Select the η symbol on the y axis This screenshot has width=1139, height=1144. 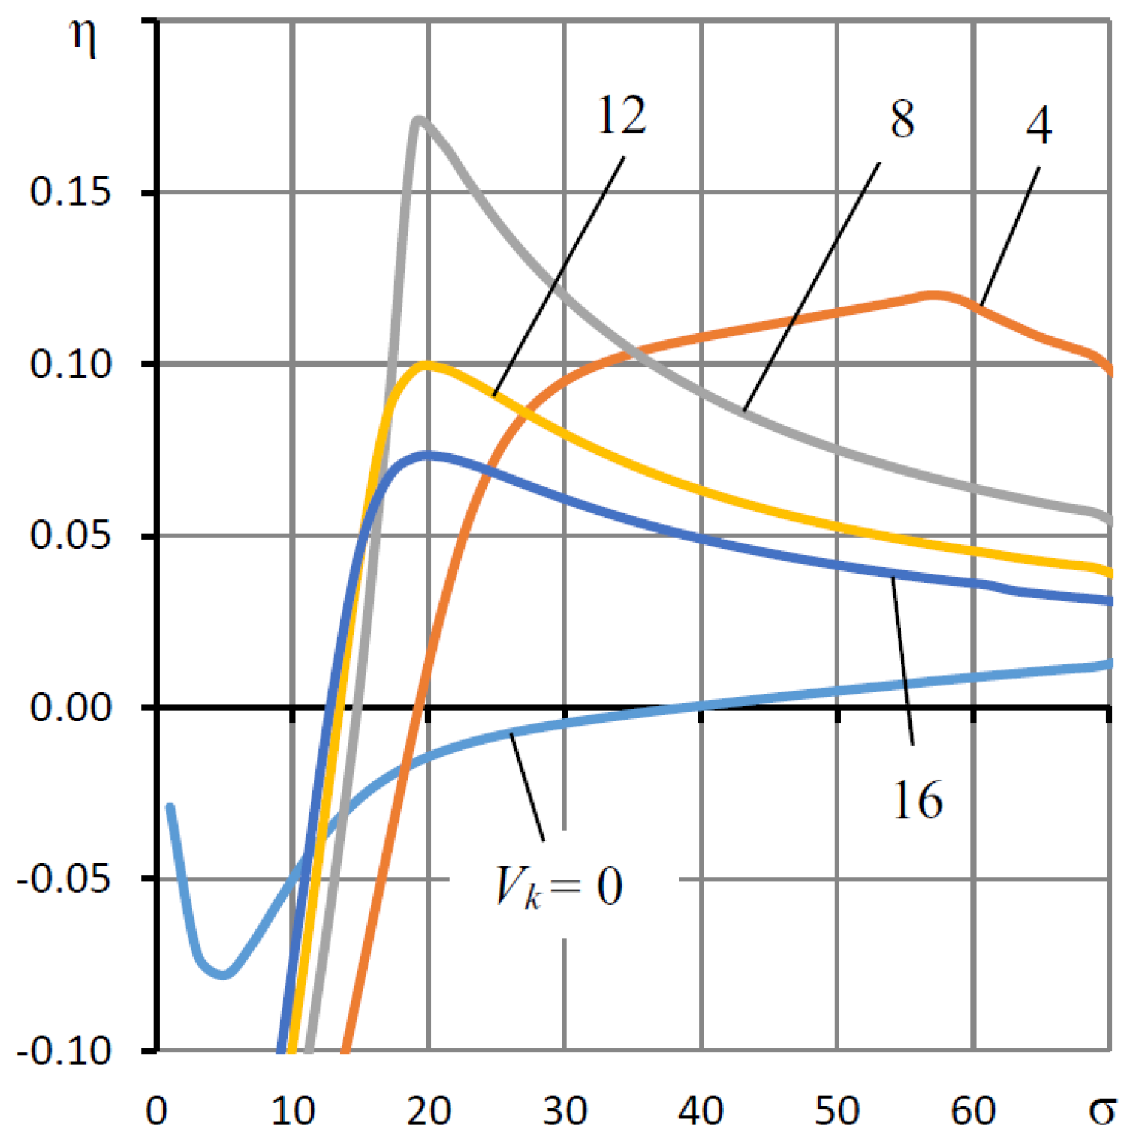[x=83, y=39]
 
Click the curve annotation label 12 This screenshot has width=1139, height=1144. [x=621, y=117]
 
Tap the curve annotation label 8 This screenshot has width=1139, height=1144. [x=902, y=119]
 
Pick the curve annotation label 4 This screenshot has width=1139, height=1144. [x=1038, y=126]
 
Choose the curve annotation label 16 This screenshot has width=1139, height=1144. [x=918, y=800]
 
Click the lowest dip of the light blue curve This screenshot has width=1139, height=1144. [x=224, y=975]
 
